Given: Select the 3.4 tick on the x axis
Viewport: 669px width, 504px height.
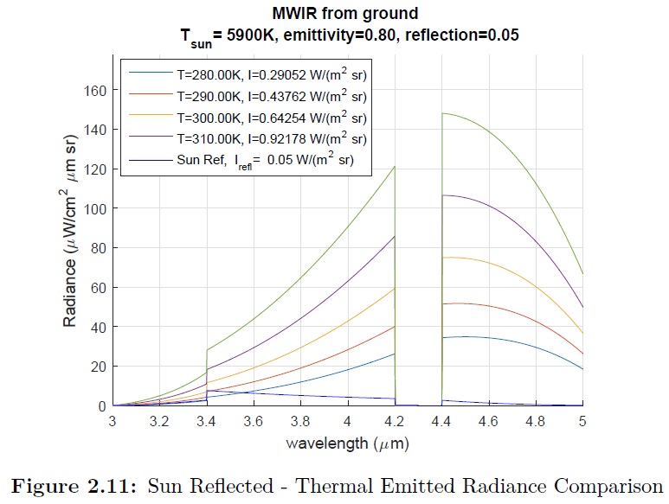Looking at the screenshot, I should pyautogui.click(x=207, y=422).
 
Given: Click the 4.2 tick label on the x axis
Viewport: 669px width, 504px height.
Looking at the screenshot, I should pyautogui.click(x=395, y=422).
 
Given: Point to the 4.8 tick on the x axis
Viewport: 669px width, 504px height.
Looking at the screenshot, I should pyautogui.click(x=536, y=422).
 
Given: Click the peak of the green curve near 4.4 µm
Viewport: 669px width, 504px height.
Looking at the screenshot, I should pyautogui.click(x=443, y=113).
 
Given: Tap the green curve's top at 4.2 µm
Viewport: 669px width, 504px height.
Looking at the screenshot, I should pyautogui.click(x=395, y=167).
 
